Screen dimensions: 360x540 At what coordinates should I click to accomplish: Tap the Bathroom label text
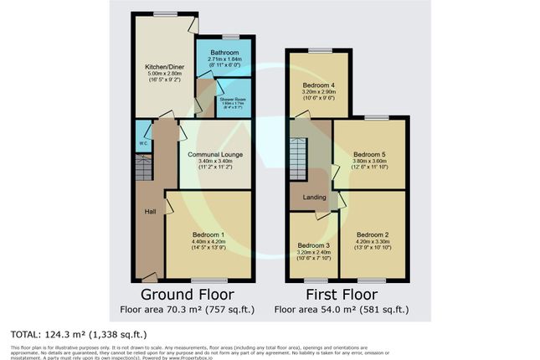(x=224, y=52)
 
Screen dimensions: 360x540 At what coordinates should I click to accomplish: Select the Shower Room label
(x=234, y=99)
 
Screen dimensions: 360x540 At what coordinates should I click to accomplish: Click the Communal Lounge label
(x=214, y=155)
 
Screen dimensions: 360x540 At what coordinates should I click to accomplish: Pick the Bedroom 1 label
(x=209, y=234)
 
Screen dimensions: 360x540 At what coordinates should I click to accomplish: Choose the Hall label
(x=150, y=211)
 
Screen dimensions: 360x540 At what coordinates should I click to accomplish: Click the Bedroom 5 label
(x=369, y=155)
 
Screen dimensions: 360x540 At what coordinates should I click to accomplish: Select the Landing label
(x=302, y=198)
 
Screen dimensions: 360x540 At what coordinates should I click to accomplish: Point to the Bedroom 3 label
(x=313, y=245)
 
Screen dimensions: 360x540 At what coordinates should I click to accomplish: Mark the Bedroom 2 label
(x=373, y=234)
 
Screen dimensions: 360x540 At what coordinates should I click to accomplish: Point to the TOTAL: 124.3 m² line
(x=75, y=333)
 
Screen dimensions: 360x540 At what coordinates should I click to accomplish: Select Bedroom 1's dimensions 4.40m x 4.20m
(x=209, y=242)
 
